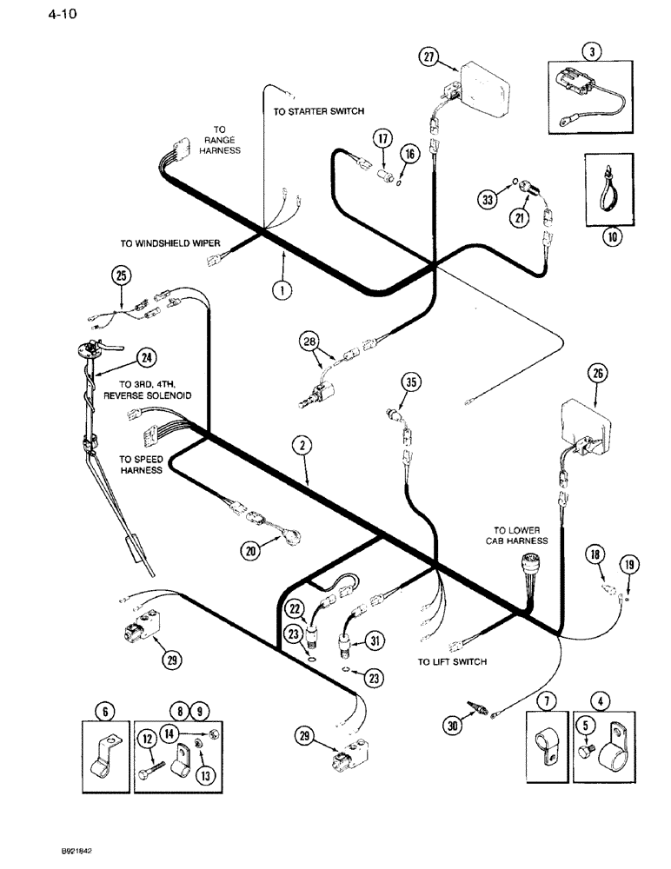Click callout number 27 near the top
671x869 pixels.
(427, 58)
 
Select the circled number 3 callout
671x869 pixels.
(591, 51)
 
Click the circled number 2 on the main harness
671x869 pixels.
(301, 446)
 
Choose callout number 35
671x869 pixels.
(410, 380)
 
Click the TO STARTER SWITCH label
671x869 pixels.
(318, 111)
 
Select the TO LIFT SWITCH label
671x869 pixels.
(451, 662)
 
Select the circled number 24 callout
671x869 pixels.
(147, 356)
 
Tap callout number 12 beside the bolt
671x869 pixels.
(148, 740)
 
